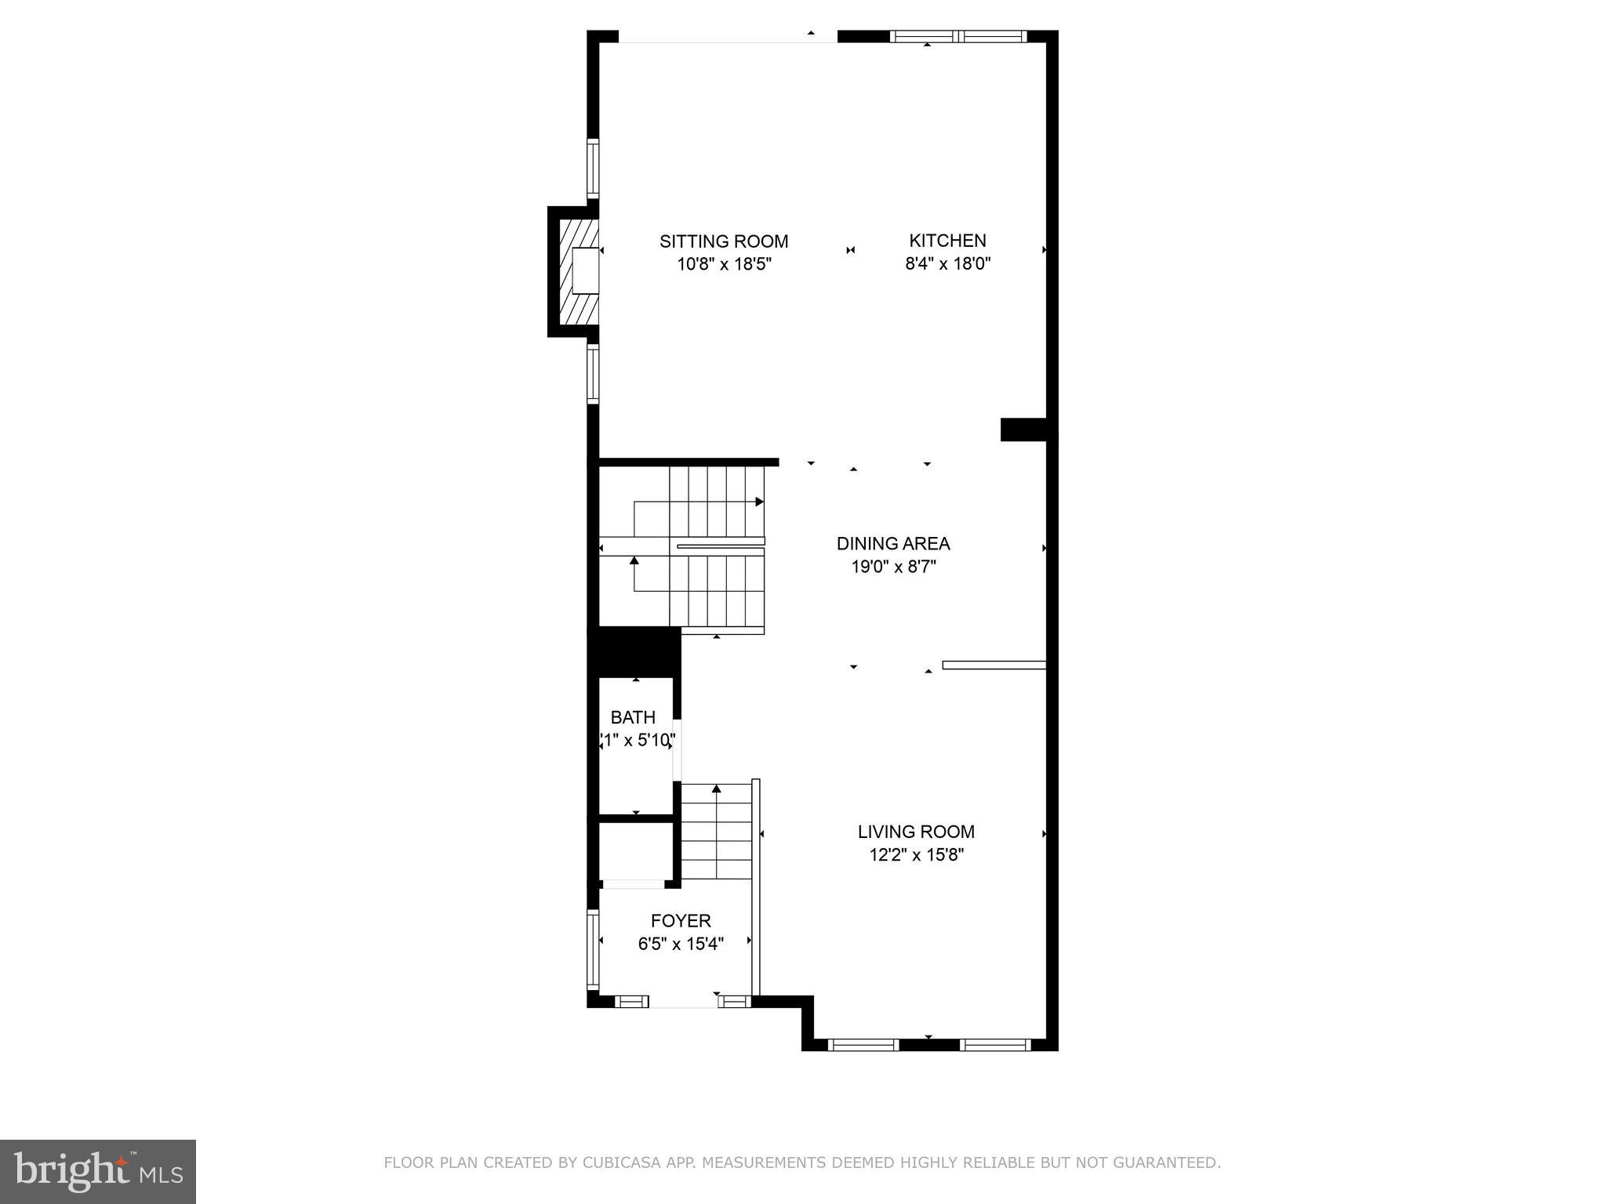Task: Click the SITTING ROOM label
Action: pyautogui.click(x=723, y=241)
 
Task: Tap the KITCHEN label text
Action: pyautogui.click(x=947, y=241)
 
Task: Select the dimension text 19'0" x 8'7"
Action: pyautogui.click(x=894, y=567)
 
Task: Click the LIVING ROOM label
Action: pyautogui.click(x=916, y=832)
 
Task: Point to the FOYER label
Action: pyautogui.click(x=680, y=921)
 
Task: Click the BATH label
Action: pyautogui.click(x=633, y=717)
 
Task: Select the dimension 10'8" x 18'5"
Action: pyautogui.click(x=725, y=264)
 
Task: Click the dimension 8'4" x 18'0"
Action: pyautogui.click(x=947, y=264)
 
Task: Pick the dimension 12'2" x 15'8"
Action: pyautogui.click(x=916, y=854)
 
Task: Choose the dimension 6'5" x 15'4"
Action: pyautogui.click(x=680, y=944)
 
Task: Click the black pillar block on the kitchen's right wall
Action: pyautogui.click(x=1023, y=430)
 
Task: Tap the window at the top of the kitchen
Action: pyautogui.click(x=957, y=36)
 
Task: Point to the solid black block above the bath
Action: pyautogui.click(x=634, y=651)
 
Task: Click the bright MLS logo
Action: pyautogui.click(x=98, y=1171)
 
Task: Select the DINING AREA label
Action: pyautogui.click(x=893, y=543)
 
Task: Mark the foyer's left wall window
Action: pyautogui.click(x=594, y=948)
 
